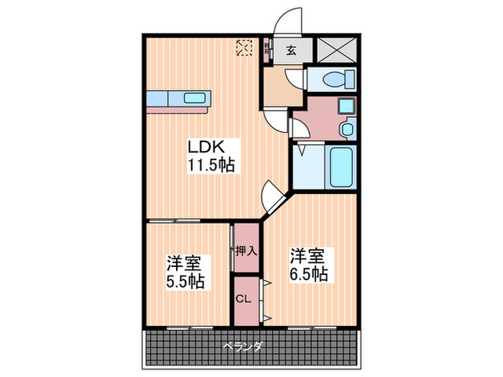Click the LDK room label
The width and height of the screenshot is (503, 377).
207,147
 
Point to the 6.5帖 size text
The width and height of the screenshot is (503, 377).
310,274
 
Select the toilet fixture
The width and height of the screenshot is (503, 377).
335,78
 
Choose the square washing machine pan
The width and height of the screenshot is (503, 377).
346,107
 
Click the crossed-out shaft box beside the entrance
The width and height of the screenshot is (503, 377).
336,50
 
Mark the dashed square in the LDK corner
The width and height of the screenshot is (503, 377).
245,47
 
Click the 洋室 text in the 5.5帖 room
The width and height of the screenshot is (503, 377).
185,261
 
